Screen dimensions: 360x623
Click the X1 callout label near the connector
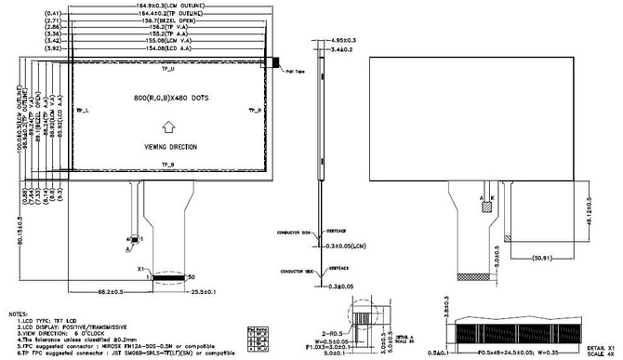coord(142,268)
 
